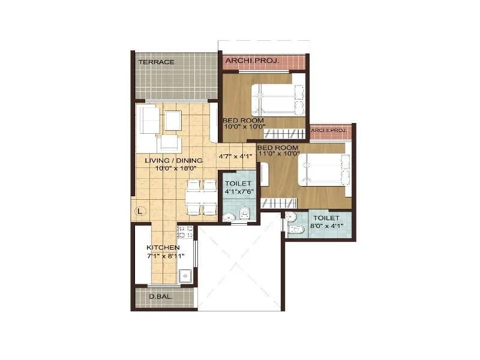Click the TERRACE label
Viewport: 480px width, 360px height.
(x=156, y=62)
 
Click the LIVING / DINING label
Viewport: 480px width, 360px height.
(x=173, y=161)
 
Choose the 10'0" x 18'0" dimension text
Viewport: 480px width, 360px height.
(x=173, y=169)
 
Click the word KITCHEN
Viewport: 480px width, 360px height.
(x=163, y=247)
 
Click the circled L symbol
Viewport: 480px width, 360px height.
(x=139, y=211)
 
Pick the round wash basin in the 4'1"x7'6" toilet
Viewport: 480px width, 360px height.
(x=228, y=217)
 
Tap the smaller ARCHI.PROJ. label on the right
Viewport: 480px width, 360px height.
(x=329, y=130)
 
